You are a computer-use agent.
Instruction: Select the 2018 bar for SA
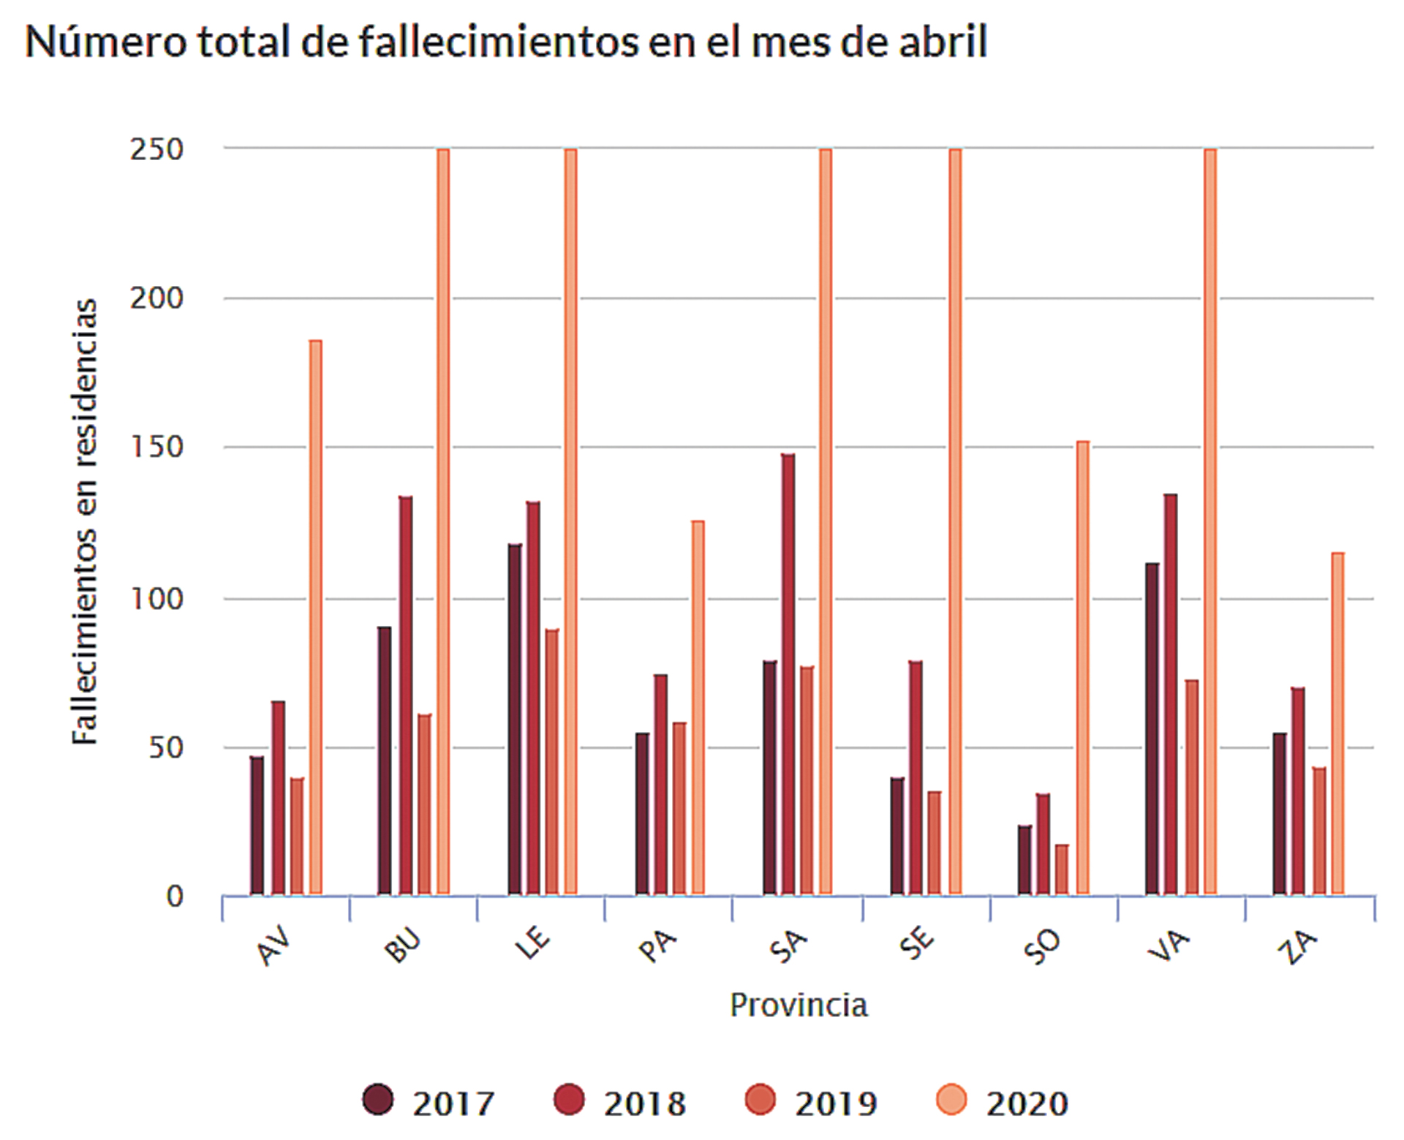(788, 673)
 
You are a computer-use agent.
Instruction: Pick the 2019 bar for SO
(1062, 869)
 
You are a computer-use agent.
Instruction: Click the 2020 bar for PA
(698, 707)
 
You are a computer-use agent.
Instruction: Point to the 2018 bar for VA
(1171, 694)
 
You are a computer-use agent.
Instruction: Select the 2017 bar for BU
(385, 760)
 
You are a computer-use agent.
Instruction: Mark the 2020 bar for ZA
(1337, 723)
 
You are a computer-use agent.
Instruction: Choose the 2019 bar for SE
(935, 842)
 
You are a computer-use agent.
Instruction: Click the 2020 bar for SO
(1083, 667)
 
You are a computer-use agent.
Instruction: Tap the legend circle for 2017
(378, 1100)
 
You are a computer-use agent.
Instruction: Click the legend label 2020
(1027, 1103)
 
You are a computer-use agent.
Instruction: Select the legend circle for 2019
(760, 1100)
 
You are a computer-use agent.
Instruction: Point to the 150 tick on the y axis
(156, 447)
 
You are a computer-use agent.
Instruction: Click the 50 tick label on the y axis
(166, 747)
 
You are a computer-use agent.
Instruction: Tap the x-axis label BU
(403, 945)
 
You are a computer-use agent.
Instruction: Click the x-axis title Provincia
(799, 1005)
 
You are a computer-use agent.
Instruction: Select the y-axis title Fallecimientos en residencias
(86, 521)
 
